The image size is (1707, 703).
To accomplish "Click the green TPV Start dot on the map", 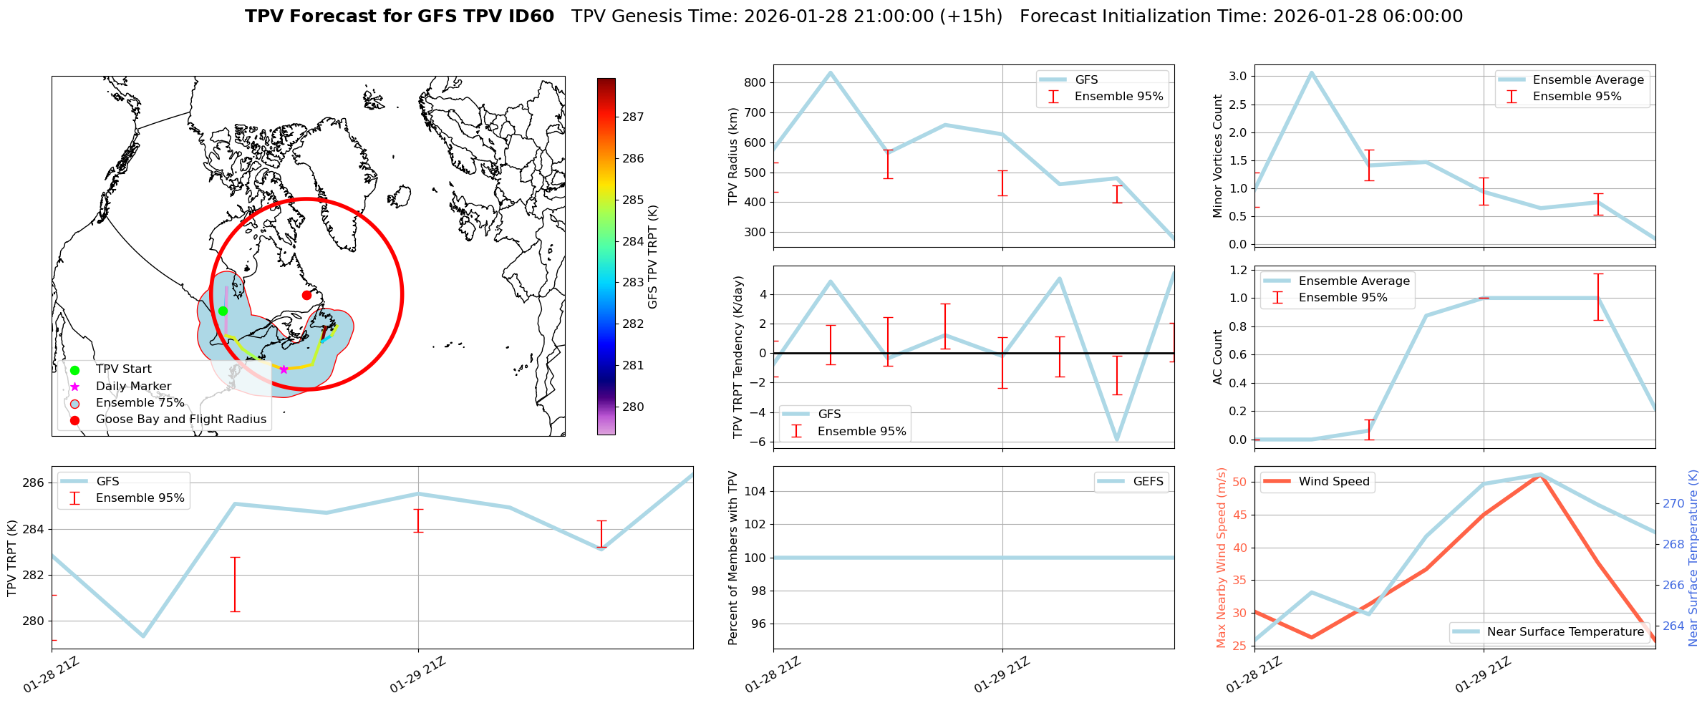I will coord(223,311).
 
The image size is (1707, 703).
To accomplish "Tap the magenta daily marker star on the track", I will coord(284,369).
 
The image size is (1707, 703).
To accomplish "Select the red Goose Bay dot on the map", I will coord(306,295).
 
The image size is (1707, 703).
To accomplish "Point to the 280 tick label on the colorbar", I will coord(633,407).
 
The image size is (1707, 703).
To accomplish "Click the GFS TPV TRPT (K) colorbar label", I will coord(652,256).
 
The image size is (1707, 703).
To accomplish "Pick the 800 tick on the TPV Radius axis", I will coord(756,82).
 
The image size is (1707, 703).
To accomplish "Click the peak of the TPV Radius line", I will coord(831,72).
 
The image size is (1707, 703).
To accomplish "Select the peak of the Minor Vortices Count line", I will coord(1311,72).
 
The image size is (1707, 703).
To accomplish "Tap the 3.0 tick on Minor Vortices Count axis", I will coord(1238,77).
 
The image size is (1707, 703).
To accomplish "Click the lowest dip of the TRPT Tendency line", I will coord(1117,440).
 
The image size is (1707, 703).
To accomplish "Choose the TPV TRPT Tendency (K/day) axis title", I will coord(738,357).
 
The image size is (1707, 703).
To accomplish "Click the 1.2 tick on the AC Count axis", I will coord(1238,270).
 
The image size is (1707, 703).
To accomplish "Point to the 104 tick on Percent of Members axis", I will coord(756,491).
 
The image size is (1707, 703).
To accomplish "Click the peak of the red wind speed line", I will coord(1541,475).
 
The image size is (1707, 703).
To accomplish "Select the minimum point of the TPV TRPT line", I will coord(143,636).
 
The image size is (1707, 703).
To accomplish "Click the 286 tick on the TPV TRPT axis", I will coord(34,483).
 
